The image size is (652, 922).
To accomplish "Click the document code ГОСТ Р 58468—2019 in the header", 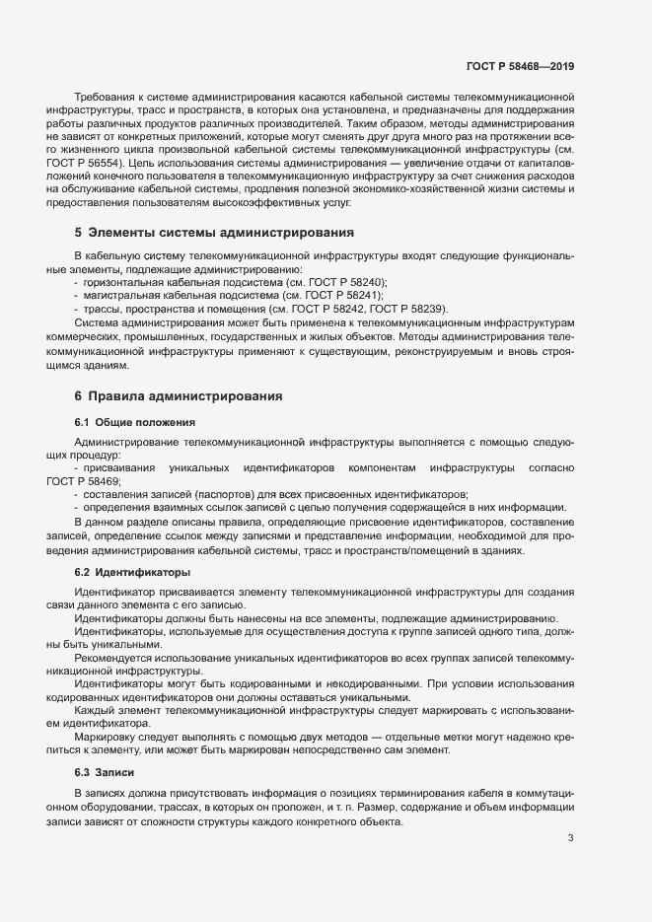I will coord(520,66).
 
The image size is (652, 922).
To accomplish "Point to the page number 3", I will coord(571,838).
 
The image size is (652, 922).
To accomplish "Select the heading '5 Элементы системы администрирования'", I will coord(214,233).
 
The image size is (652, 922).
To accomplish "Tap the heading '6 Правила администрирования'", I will coord(179,396).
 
